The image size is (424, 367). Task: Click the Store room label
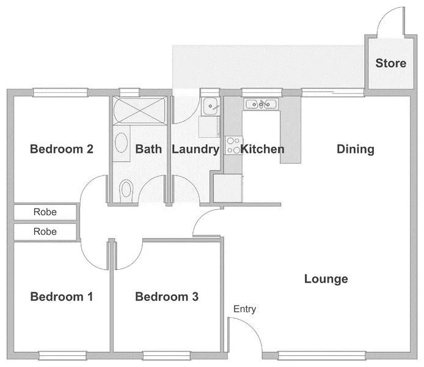pyautogui.click(x=390, y=63)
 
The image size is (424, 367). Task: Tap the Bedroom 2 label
pyautogui.click(x=62, y=149)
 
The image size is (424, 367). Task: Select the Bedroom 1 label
pyautogui.click(x=62, y=297)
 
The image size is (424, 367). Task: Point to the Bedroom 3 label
pyautogui.click(x=167, y=297)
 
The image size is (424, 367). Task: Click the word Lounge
pyautogui.click(x=326, y=279)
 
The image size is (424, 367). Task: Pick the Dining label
pyautogui.click(x=356, y=149)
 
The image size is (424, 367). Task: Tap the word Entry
pyautogui.click(x=244, y=310)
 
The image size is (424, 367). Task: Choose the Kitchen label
pyautogui.click(x=262, y=149)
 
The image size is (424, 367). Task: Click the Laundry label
pyautogui.click(x=195, y=149)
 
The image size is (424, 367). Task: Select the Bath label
pyautogui.click(x=148, y=149)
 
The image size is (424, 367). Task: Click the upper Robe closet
pyautogui.click(x=45, y=212)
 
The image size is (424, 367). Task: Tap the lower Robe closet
pyautogui.click(x=45, y=232)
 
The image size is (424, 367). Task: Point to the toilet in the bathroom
pyautogui.click(x=126, y=188)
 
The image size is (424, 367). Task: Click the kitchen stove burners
pyautogui.click(x=233, y=145)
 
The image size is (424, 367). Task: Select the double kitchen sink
pyautogui.click(x=261, y=105)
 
